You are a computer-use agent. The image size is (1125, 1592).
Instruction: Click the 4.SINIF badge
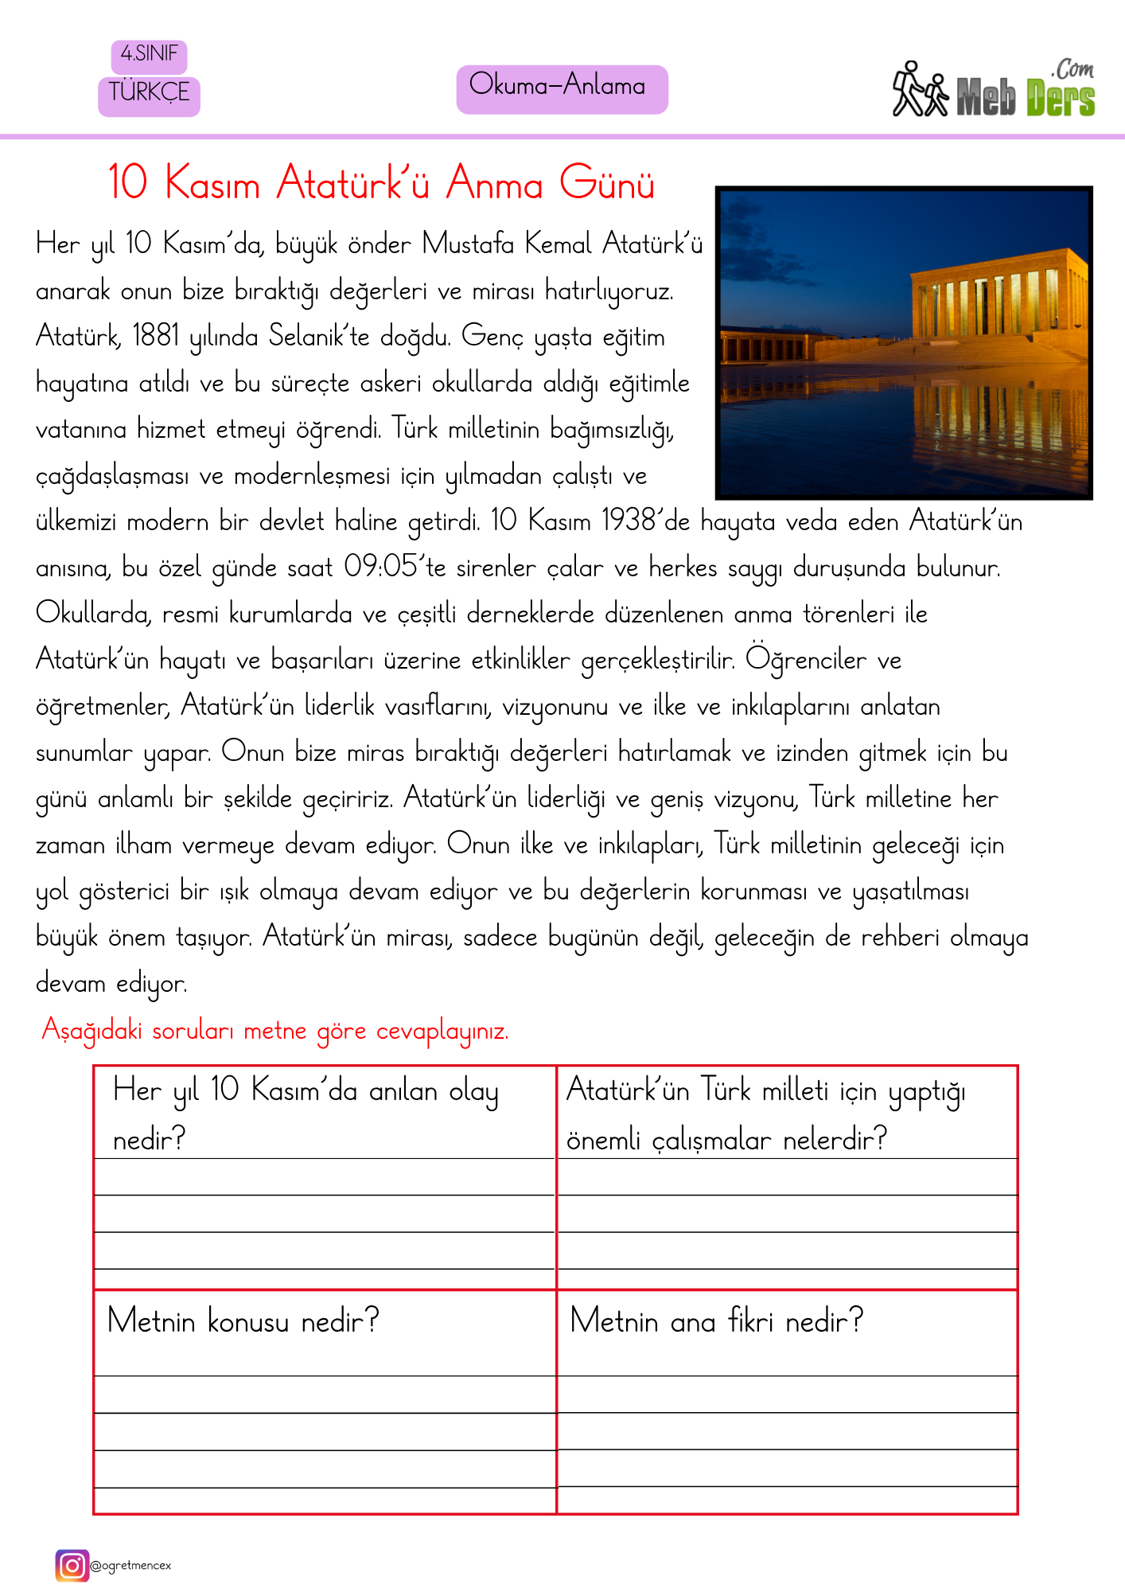[149, 56]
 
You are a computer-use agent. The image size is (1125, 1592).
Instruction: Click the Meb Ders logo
[995, 91]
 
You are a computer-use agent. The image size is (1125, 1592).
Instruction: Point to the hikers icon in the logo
[920, 91]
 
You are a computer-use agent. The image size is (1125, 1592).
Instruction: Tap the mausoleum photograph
[903, 342]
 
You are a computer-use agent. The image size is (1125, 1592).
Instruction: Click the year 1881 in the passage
[156, 336]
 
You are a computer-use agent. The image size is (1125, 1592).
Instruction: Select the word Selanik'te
[319, 336]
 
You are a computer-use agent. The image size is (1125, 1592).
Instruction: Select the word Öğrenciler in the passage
[805, 659]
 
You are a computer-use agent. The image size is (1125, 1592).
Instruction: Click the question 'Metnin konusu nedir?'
[243, 1321]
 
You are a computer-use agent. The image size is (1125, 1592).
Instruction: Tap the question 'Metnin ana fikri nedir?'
[716, 1321]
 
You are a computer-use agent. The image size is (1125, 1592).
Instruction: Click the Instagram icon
[72, 1566]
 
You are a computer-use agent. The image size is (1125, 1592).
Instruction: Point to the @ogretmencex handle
[131, 1566]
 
